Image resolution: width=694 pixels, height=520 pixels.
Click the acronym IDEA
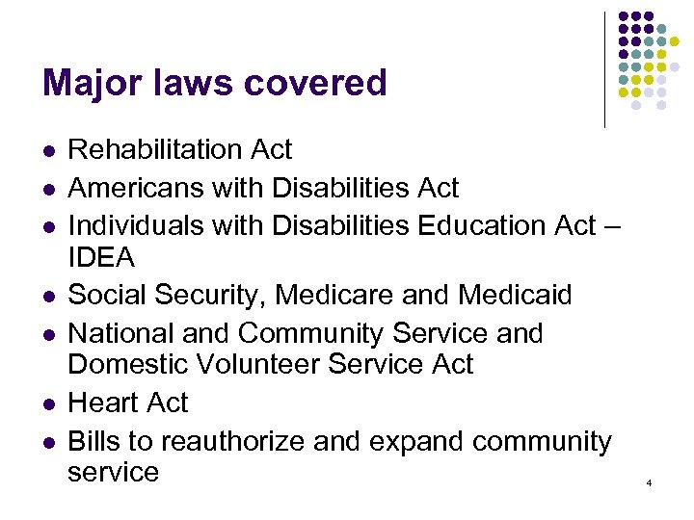pyautogui.click(x=101, y=258)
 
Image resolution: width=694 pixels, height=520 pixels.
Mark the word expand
pyautogui.click(x=394, y=443)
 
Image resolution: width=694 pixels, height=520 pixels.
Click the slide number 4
pyautogui.click(x=649, y=481)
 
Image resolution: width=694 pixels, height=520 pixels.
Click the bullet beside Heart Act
pyautogui.click(x=47, y=403)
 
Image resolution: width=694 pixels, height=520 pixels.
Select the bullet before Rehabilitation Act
pyautogui.click(x=47, y=151)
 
